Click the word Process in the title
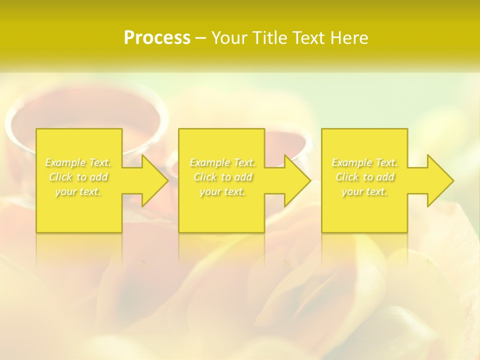click(157, 38)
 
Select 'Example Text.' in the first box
click(78, 162)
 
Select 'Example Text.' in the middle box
click(222, 162)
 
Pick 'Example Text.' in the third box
click(364, 162)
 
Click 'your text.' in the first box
click(78, 191)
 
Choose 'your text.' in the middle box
click(222, 191)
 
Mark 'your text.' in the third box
click(364, 191)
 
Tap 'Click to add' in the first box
click(78, 177)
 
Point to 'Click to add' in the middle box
click(222, 177)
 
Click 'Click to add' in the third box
click(364, 177)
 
